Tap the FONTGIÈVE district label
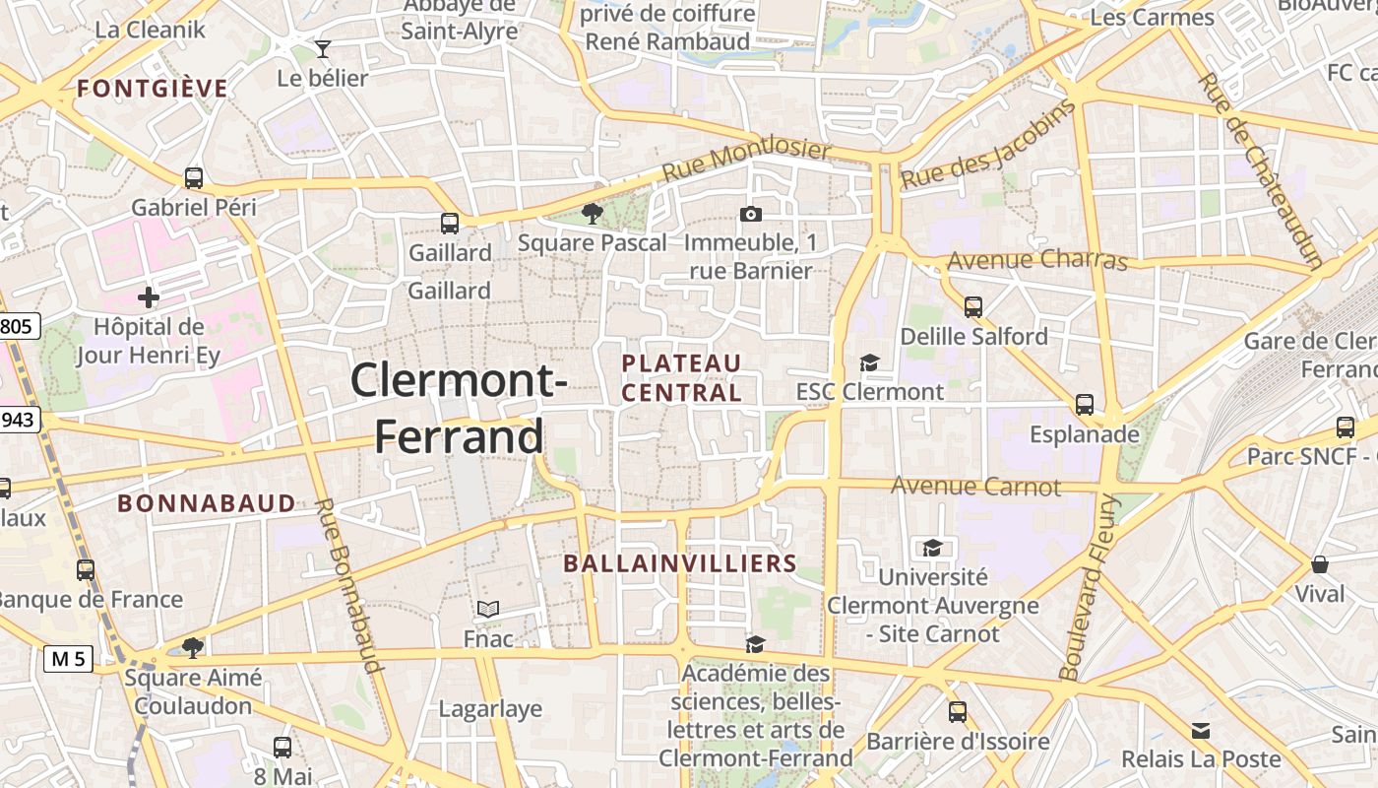[x=153, y=89]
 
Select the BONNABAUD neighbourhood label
[x=207, y=503]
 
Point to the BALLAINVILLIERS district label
[x=679, y=563]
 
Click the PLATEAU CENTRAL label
[x=681, y=377]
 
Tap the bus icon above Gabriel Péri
[x=194, y=178]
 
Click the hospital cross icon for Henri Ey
[x=149, y=296]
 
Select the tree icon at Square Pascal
[x=592, y=214]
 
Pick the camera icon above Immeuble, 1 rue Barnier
[x=750, y=214]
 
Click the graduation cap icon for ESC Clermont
[x=869, y=363]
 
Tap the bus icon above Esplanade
[x=1085, y=404]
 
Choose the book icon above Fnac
[x=488, y=610]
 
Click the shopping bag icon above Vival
[x=1320, y=564]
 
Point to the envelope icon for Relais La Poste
[x=1201, y=731]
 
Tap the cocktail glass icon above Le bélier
[x=323, y=48]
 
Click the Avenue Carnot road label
[x=975, y=486]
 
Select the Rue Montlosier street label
[x=746, y=159]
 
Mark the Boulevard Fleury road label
[x=1090, y=587]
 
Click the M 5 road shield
[x=68, y=659]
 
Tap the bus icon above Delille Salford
[x=973, y=307]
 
